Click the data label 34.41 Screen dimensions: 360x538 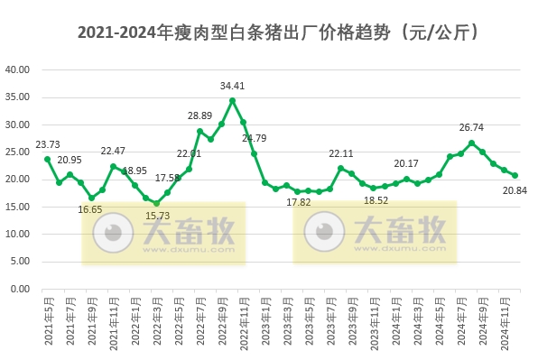tap(233, 87)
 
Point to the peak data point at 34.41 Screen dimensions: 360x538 tap(232, 100)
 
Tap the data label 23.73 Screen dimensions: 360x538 tap(49, 143)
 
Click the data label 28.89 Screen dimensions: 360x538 tap(199, 116)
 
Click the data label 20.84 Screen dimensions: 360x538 tap(514, 189)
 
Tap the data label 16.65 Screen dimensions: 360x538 tap(90, 210)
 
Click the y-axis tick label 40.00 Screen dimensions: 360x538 tap(18, 69)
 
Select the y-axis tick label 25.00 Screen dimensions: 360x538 tap(18, 152)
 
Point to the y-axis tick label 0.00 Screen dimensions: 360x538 tap(21, 289)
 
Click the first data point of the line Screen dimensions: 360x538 tap(48, 159)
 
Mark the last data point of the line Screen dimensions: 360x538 tap(515, 175)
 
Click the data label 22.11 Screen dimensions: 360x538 tap(339, 153)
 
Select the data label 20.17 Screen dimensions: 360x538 tap(405, 163)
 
